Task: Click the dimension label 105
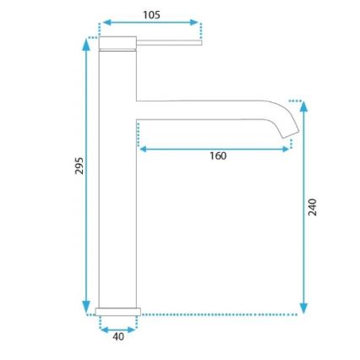click(x=151, y=14)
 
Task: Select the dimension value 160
click(x=218, y=155)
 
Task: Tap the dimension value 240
click(x=312, y=206)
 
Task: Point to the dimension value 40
click(x=118, y=336)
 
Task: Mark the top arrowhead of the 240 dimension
click(x=303, y=107)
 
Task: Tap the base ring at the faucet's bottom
click(x=117, y=311)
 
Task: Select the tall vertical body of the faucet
click(x=117, y=186)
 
